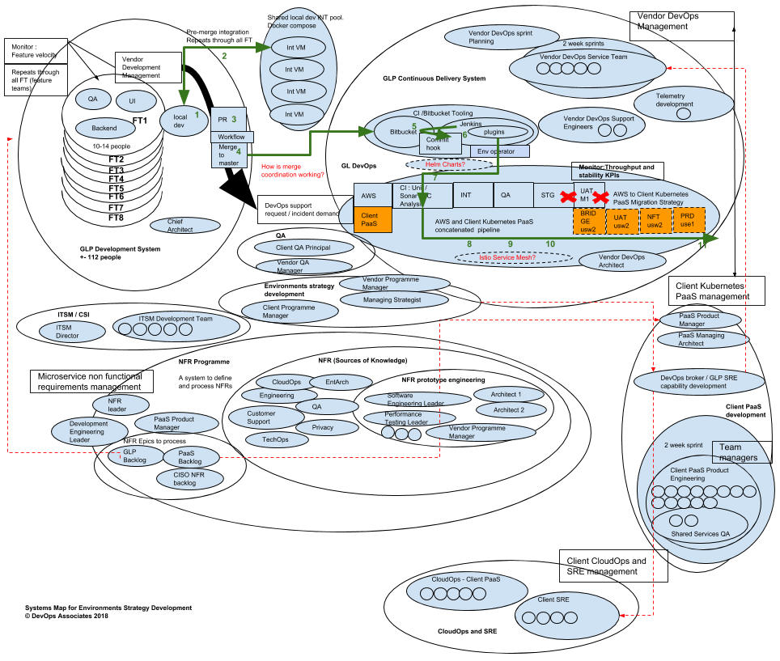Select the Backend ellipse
click(104, 128)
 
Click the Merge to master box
click(228, 155)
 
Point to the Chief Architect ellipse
click(184, 225)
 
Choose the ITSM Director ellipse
click(73, 332)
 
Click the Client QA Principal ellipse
click(303, 248)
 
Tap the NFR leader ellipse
click(118, 405)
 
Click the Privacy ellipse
click(327, 427)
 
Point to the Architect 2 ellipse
click(511, 410)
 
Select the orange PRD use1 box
click(688, 220)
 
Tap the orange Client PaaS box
click(372, 219)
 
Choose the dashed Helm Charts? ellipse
click(448, 164)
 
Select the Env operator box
click(499, 151)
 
